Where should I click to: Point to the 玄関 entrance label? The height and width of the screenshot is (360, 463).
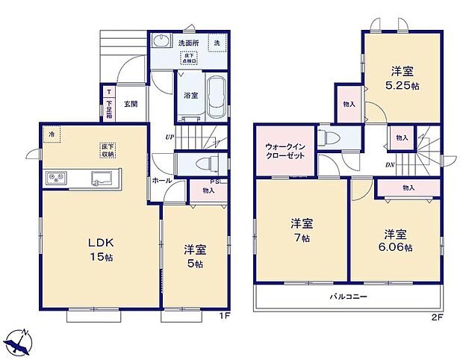131,104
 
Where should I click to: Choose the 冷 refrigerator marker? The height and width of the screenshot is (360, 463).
52,134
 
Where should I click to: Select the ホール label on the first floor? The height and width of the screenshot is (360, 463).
162,181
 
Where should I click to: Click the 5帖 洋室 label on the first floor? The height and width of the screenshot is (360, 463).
194,257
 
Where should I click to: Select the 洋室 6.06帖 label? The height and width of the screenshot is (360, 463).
398,238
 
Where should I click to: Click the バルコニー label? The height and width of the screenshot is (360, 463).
349,297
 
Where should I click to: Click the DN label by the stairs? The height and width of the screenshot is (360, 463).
391,165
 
